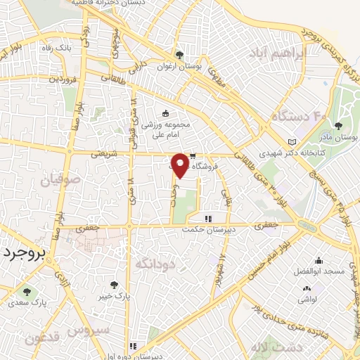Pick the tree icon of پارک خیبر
115,285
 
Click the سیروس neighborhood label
89,329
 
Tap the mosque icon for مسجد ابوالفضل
319,260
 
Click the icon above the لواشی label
307,288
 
